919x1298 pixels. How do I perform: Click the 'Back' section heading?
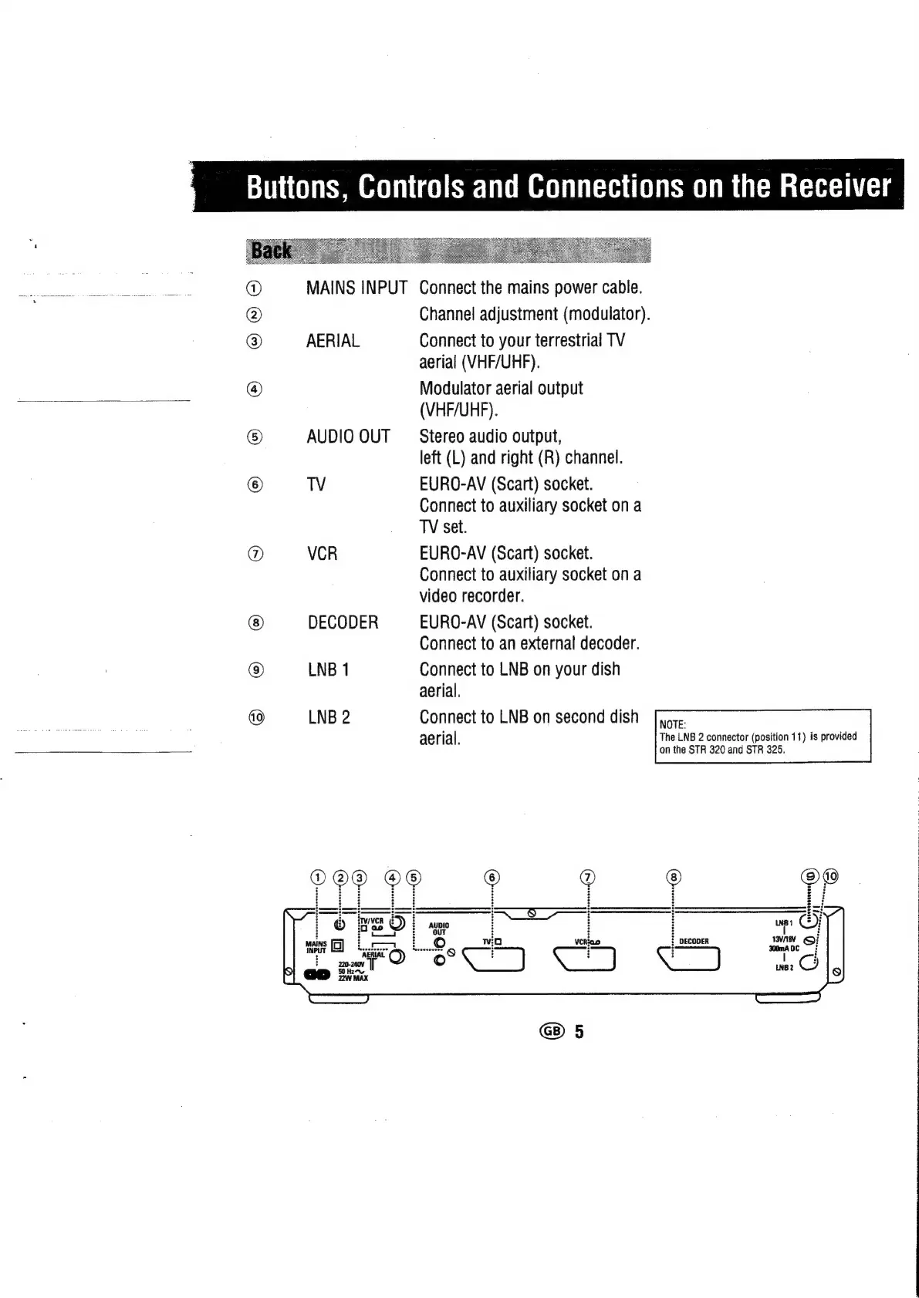(272, 251)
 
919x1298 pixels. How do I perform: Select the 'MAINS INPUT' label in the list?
(356, 288)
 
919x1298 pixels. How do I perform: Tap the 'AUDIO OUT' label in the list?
(348, 437)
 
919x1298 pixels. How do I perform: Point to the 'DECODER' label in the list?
(343, 622)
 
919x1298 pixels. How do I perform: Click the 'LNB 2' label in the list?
(329, 717)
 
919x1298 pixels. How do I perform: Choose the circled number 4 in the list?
(255, 389)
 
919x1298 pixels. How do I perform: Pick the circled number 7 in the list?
(255, 554)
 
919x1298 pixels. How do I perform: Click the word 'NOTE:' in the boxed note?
(672, 724)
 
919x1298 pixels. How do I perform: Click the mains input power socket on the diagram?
(318, 974)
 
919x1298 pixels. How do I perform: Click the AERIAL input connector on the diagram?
(397, 956)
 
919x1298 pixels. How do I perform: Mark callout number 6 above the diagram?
(492, 877)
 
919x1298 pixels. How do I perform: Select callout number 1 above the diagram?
(317, 877)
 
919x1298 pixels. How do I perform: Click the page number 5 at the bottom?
(579, 1032)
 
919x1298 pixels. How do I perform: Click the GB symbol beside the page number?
(552, 1031)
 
